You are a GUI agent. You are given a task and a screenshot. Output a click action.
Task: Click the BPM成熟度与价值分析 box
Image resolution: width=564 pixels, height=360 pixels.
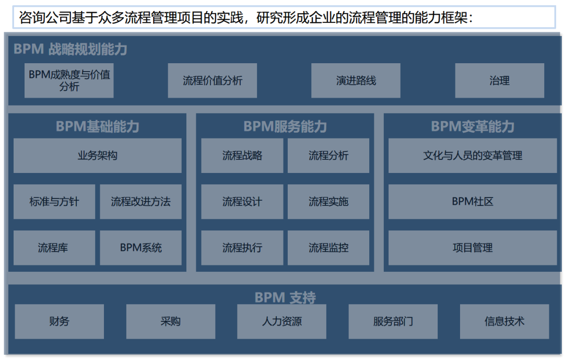pyautogui.click(x=69, y=80)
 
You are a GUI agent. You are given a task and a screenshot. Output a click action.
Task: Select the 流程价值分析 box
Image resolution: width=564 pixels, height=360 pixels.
pyautogui.click(x=212, y=80)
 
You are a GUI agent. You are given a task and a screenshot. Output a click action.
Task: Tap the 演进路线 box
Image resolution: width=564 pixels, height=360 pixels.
pyautogui.click(x=356, y=80)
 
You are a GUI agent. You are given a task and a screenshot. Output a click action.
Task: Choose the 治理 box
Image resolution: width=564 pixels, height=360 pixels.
pyautogui.click(x=499, y=80)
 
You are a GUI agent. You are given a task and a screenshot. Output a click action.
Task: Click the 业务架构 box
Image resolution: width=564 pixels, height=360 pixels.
pyautogui.click(x=97, y=155)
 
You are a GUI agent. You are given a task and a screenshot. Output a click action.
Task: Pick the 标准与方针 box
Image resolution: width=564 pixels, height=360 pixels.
pyautogui.click(x=54, y=201)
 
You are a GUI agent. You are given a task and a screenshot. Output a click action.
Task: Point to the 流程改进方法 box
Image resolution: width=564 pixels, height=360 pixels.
pyautogui.click(x=140, y=201)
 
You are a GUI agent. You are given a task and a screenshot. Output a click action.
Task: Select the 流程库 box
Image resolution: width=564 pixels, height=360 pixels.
pyautogui.click(x=54, y=247)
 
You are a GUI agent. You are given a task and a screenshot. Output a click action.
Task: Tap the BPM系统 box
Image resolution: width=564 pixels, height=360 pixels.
pyautogui.click(x=140, y=247)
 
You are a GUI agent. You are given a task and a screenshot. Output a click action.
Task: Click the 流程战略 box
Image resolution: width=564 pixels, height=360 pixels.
pyautogui.click(x=242, y=155)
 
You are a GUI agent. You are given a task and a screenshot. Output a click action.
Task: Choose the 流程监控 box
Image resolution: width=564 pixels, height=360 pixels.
pyautogui.click(x=328, y=247)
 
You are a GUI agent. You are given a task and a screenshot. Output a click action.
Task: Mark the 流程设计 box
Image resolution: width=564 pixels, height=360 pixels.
pyautogui.click(x=242, y=201)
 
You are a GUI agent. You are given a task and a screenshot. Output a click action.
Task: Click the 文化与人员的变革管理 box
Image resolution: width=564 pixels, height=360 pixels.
pyautogui.click(x=472, y=155)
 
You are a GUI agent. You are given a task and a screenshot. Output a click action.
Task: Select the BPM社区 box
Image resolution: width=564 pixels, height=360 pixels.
pyautogui.click(x=472, y=201)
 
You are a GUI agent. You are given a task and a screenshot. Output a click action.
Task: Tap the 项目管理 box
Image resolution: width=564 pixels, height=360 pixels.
pyautogui.click(x=472, y=247)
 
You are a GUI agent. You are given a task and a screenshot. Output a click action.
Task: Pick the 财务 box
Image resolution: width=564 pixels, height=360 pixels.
pyautogui.click(x=59, y=321)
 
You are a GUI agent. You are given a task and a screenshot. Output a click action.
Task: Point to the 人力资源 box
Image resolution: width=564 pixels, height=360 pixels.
pyautogui.click(x=281, y=321)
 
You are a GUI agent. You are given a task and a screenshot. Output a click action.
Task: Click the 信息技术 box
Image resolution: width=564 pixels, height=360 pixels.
pyautogui.click(x=504, y=321)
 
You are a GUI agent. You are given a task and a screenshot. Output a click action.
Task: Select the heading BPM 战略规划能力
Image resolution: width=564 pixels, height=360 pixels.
pyautogui.click(x=70, y=50)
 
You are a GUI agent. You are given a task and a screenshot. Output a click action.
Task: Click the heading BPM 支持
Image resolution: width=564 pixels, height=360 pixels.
pyautogui.click(x=285, y=298)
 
